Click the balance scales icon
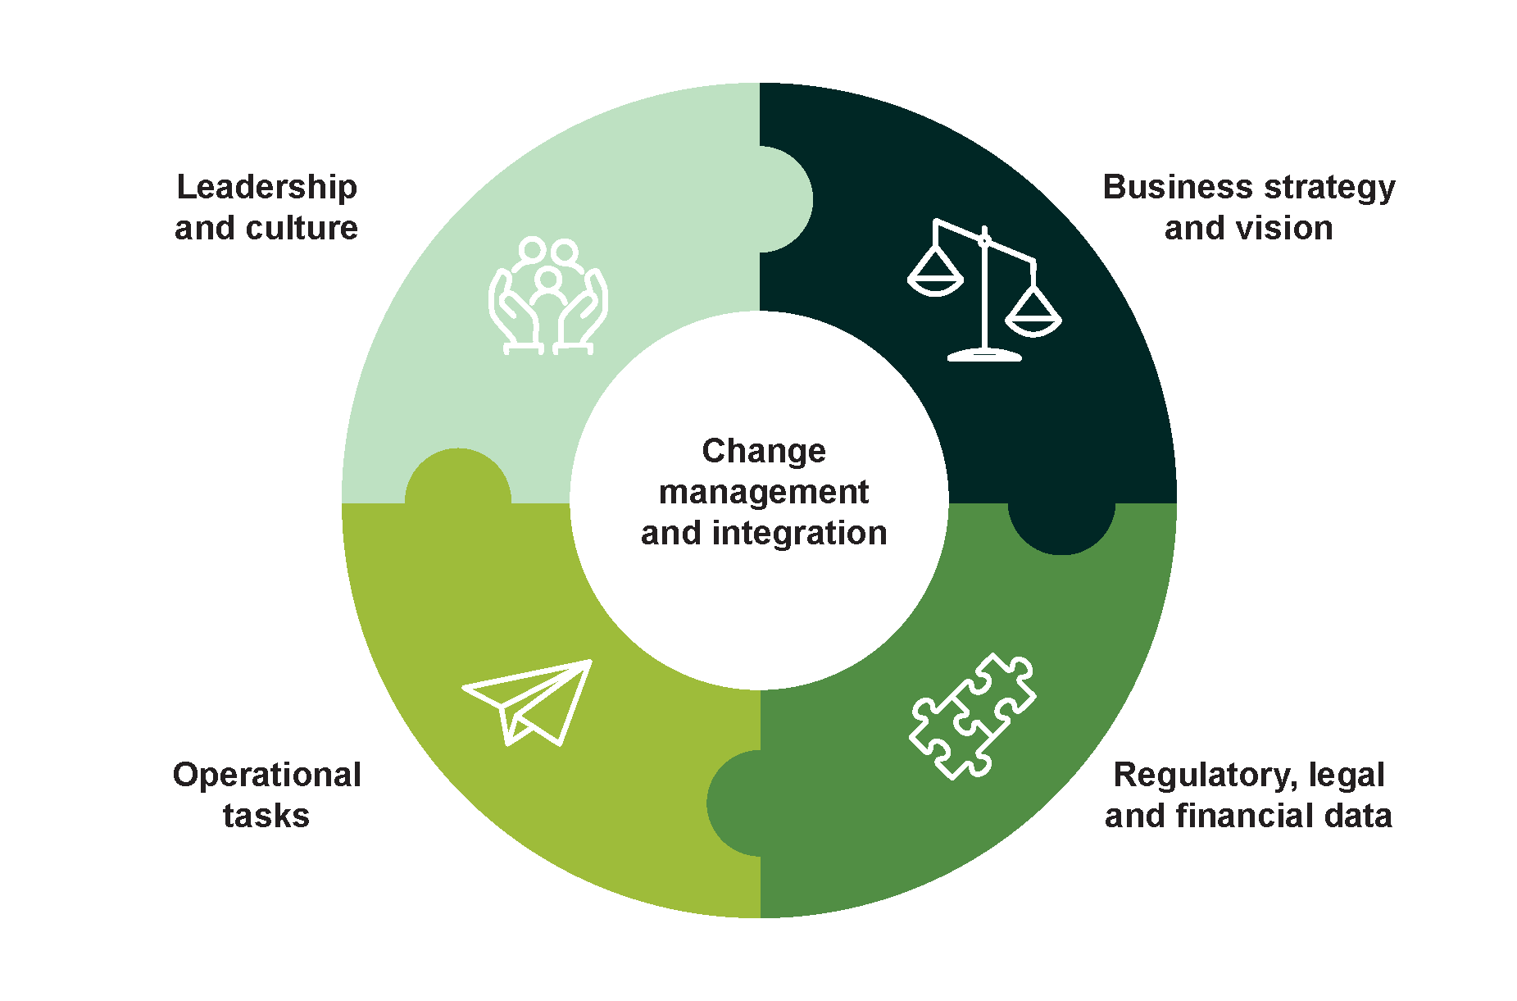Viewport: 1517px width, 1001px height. click(984, 291)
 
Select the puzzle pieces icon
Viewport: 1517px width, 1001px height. click(973, 716)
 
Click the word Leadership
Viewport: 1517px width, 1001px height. click(267, 188)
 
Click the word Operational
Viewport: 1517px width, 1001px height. click(267, 776)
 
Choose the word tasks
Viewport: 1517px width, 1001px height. click(266, 816)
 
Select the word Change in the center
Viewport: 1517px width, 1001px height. click(764, 452)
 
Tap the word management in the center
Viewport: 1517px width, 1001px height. click(764, 493)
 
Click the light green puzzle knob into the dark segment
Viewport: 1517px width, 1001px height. click(785, 199)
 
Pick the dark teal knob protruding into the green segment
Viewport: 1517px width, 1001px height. click(1061, 527)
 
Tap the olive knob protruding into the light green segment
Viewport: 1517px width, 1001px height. click(458, 477)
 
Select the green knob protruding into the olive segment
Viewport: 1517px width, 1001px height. click(734, 803)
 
